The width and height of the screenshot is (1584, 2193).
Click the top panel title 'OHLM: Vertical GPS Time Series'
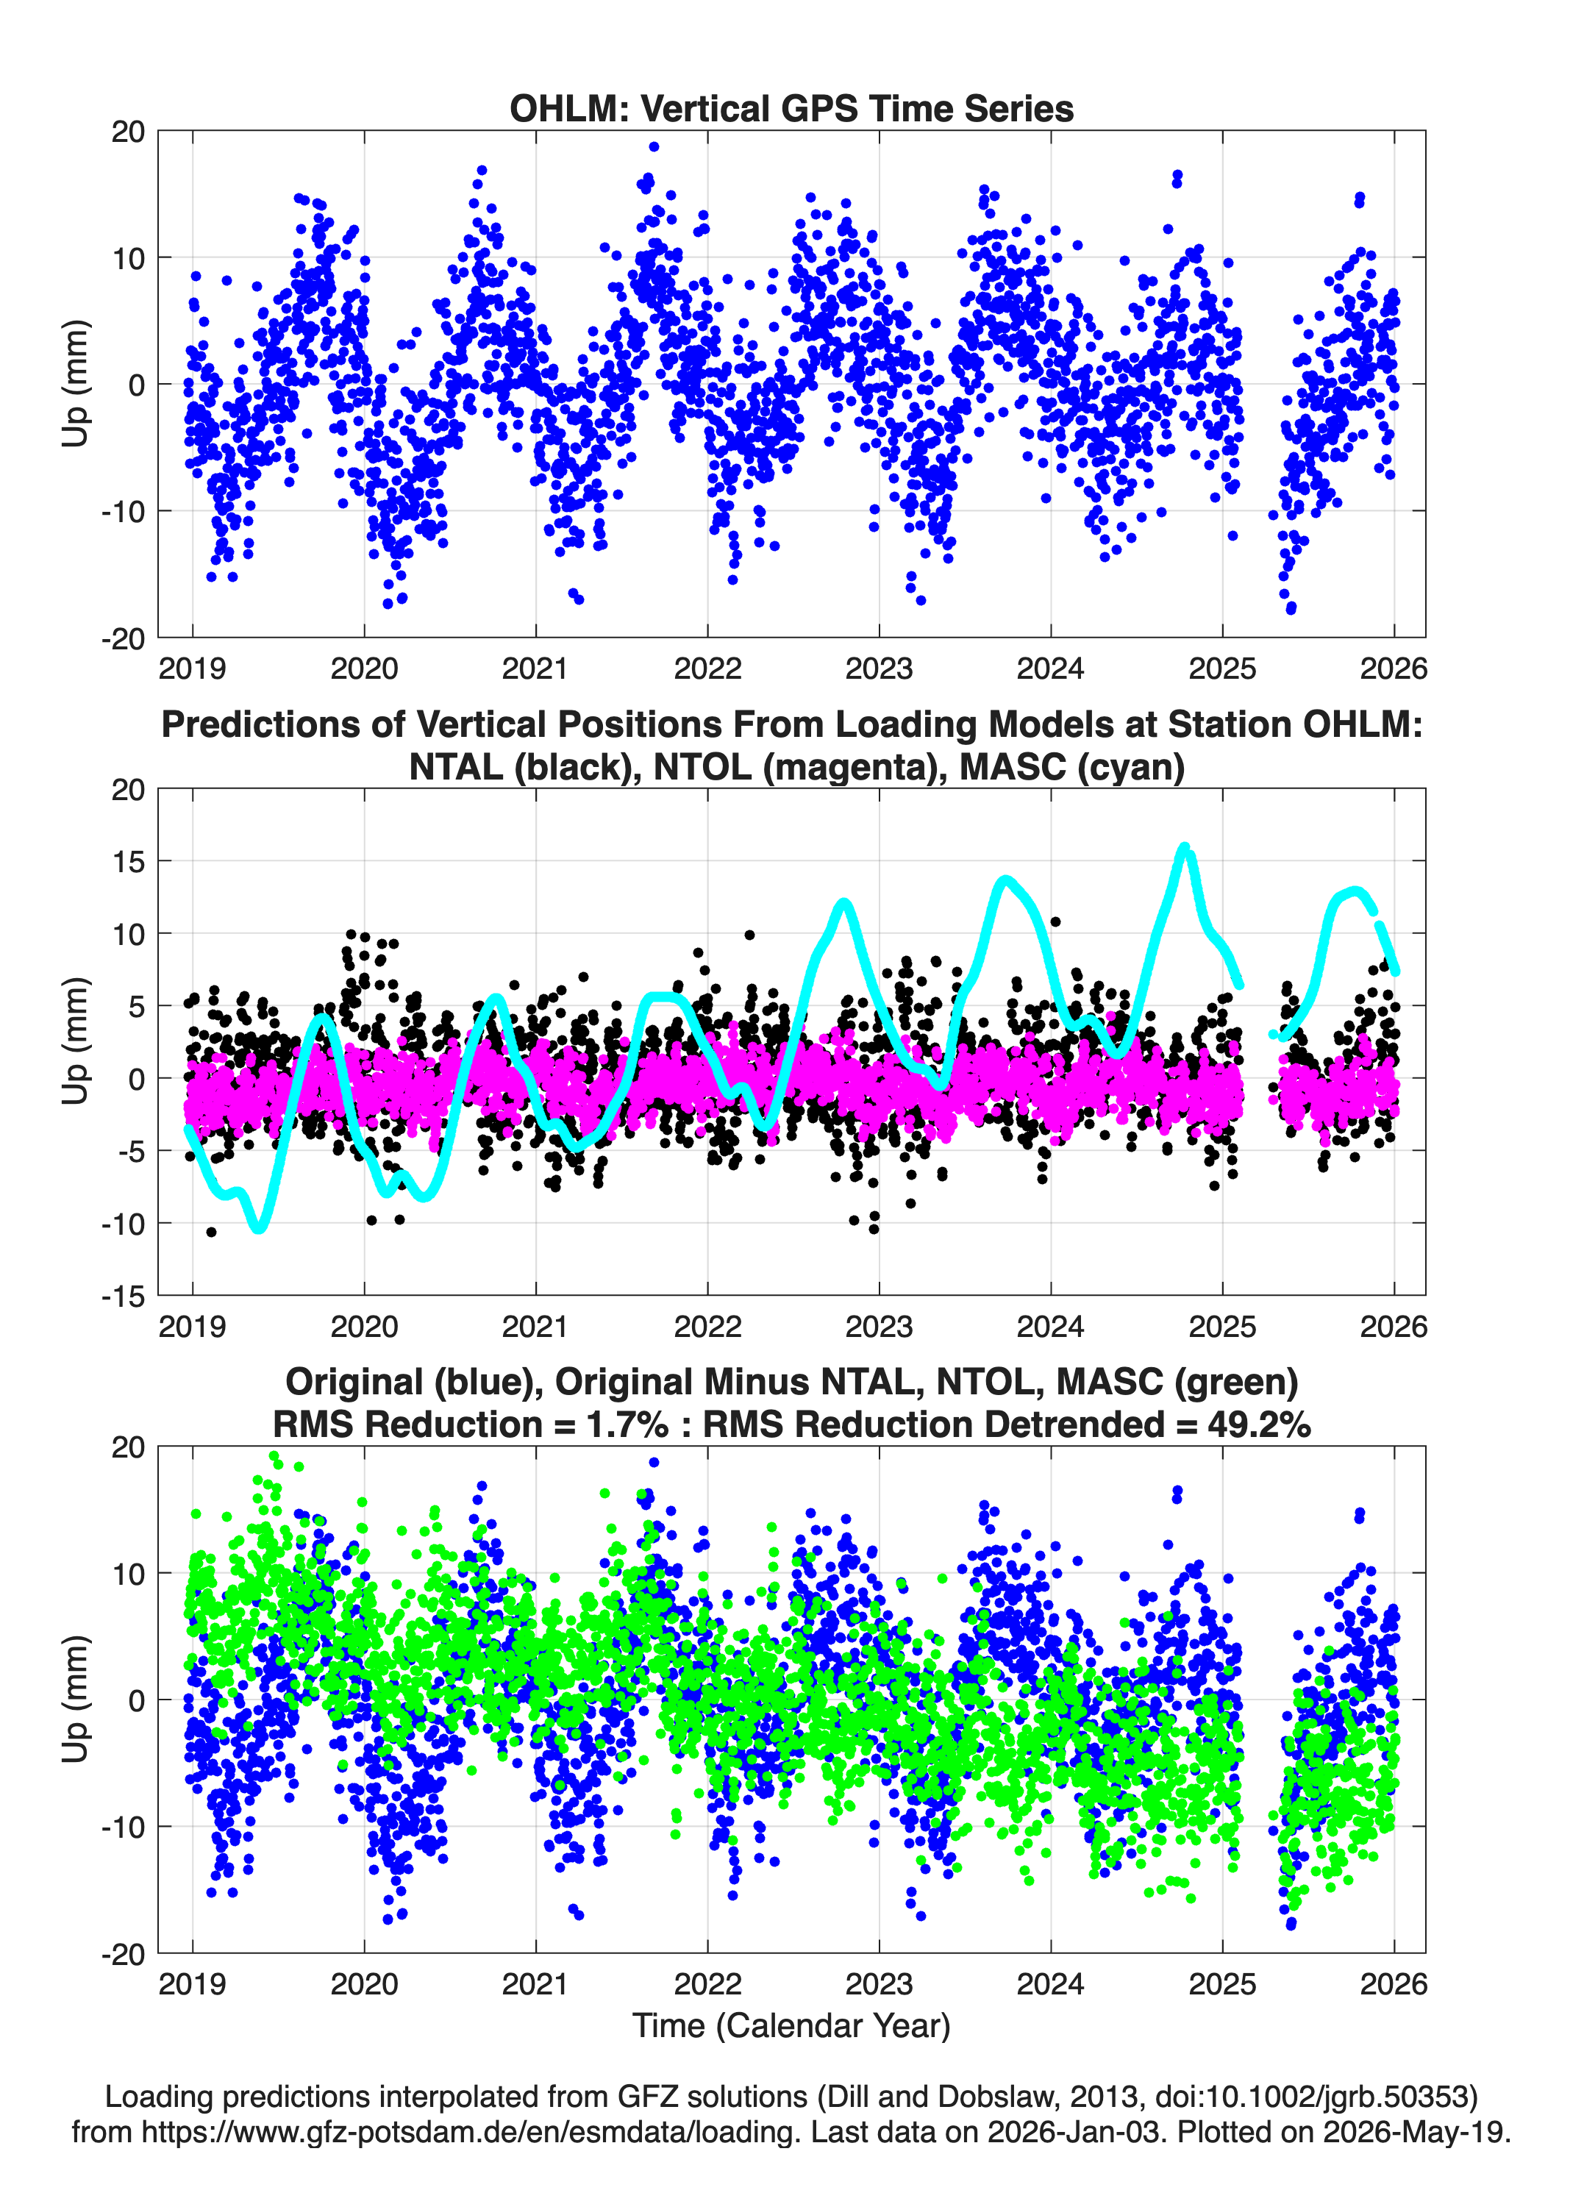(791, 108)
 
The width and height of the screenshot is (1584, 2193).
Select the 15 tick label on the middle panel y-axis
(129, 860)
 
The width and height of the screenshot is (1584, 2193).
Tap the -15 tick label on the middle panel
(124, 1297)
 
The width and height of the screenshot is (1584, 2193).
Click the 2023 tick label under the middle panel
(878, 1326)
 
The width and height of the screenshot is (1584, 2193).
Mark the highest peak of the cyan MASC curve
(1185, 848)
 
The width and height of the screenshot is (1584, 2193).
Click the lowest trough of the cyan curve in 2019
(258, 1228)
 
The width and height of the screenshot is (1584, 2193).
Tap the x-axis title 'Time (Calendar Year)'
(791, 2025)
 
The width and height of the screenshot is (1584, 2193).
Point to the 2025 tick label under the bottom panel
(1221, 1983)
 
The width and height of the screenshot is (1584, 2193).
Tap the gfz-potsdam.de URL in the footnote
(471, 2131)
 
